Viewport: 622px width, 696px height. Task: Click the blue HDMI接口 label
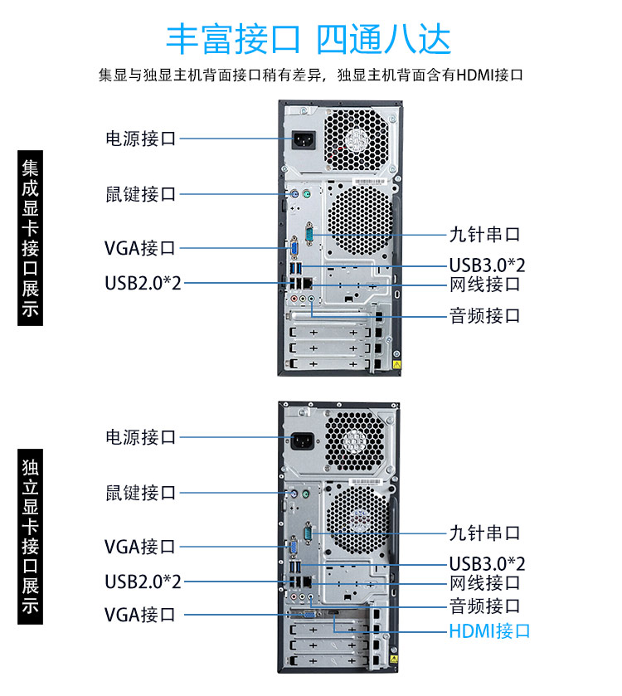(x=488, y=630)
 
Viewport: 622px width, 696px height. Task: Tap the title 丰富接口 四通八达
(x=309, y=38)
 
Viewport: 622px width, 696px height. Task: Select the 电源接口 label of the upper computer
(x=140, y=139)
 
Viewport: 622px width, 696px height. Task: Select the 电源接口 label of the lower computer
(x=140, y=436)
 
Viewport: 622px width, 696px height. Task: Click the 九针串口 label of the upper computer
(x=484, y=235)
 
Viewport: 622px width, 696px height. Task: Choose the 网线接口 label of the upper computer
(x=484, y=285)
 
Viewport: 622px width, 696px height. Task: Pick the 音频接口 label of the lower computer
(x=484, y=605)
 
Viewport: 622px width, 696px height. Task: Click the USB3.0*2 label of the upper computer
(x=487, y=265)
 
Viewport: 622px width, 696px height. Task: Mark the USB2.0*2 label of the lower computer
(x=143, y=580)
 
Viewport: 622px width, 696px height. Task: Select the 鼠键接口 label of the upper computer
(x=140, y=194)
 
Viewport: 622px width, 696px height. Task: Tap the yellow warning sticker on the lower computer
(x=396, y=661)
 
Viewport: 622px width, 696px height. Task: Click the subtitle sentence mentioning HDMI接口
(x=310, y=75)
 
